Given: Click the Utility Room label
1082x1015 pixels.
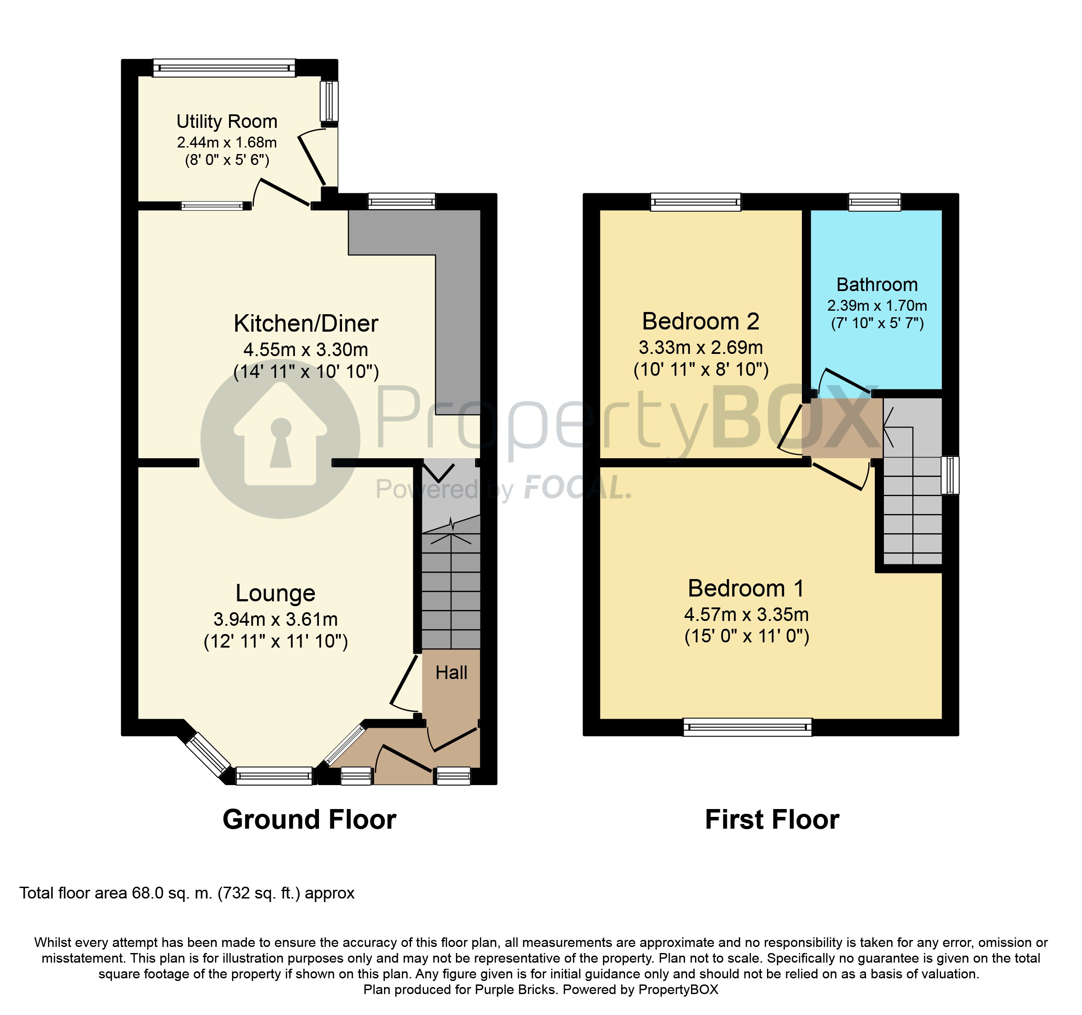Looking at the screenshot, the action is coord(227,121).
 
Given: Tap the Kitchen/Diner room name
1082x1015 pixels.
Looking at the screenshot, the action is coord(306,323).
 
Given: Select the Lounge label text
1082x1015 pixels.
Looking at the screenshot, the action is coord(275,593).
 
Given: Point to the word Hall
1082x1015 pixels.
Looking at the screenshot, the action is coord(451,673).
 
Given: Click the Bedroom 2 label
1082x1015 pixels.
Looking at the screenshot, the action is coord(701,321).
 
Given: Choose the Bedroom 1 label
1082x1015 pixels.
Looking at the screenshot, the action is coord(746,588).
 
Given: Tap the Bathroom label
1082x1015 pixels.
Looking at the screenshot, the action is coord(877,285).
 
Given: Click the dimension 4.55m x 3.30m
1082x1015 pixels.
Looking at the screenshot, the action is coord(306,350).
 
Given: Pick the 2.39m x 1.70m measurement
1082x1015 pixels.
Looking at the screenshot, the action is coord(877,305).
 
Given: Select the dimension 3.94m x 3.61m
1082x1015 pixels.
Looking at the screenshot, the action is coord(275,619).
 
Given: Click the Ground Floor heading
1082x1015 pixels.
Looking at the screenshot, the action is coord(309,820).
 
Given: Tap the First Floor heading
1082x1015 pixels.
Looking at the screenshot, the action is coord(772,820).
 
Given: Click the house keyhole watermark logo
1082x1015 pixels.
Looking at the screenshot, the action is coord(280,438).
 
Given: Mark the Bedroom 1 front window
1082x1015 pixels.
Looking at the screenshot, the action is coord(747,727).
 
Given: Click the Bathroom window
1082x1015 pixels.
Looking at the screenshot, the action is coord(875,202).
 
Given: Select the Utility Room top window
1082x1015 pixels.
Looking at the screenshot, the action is coord(224,68).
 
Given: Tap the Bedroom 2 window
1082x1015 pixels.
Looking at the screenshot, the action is coord(695,202).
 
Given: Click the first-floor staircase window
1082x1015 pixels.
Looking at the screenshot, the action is coord(950,475).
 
